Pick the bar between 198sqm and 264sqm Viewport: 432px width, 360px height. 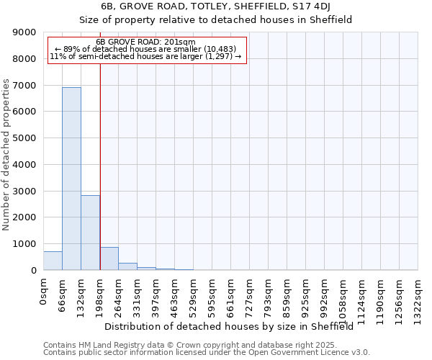(109, 258)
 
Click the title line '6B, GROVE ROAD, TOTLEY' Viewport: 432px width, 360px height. (215, 7)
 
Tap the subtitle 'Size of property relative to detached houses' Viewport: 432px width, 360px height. (215, 20)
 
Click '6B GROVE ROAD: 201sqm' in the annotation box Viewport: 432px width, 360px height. (145, 42)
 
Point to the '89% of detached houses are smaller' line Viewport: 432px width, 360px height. (145, 49)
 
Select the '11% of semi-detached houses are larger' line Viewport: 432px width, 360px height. (145, 56)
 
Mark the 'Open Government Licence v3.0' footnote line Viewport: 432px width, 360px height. (207, 353)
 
